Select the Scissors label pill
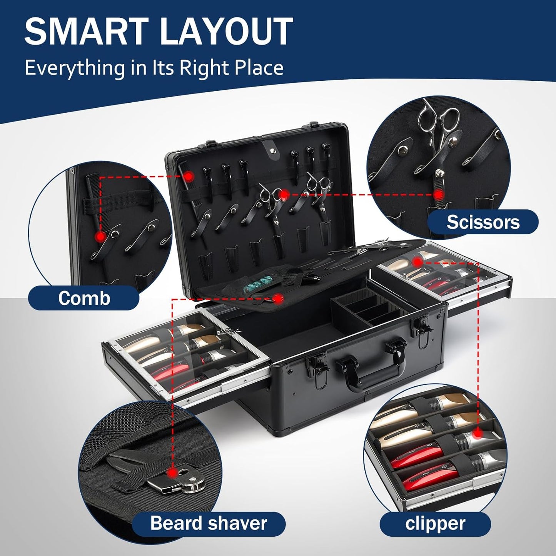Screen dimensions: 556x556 click(x=483, y=222)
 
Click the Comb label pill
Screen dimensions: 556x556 click(x=84, y=298)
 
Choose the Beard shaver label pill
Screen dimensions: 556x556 click(x=209, y=523)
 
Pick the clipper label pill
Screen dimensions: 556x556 click(x=435, y=524)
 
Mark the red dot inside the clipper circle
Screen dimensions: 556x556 click(x=477, y=434)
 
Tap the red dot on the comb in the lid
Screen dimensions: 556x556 click(x=188, y=176)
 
